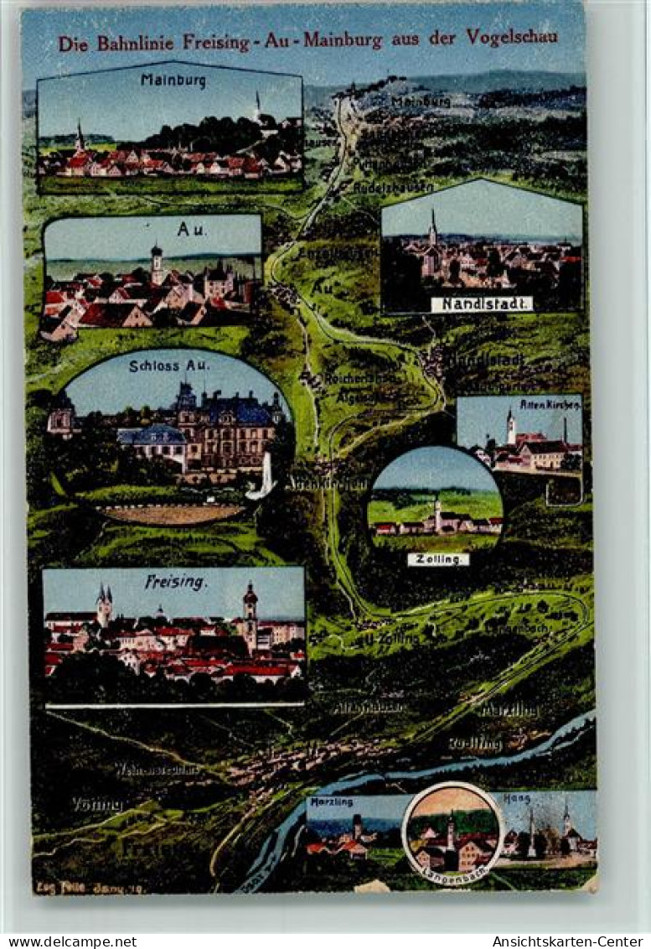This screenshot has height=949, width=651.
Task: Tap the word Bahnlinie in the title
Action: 137,43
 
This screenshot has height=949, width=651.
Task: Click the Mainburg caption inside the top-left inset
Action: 173,81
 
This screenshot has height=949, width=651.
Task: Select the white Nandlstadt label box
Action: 482,304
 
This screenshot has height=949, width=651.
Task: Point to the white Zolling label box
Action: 437,559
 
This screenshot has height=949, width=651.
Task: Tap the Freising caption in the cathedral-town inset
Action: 175,582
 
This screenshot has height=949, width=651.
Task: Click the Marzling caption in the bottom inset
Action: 331,801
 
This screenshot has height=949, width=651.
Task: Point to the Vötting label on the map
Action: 97,804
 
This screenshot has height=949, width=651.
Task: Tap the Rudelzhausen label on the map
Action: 393,188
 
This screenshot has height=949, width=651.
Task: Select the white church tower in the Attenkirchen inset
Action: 510,427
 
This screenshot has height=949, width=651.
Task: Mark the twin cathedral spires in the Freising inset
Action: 104,604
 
